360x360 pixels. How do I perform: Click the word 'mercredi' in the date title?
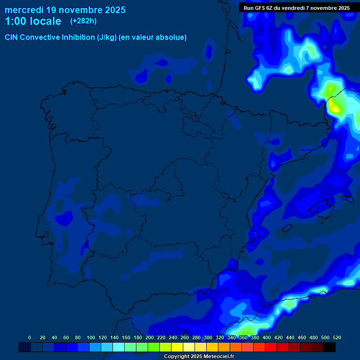pos(23,10)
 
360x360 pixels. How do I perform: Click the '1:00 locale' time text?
pos(33,21)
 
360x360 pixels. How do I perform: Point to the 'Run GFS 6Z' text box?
pos(296,8)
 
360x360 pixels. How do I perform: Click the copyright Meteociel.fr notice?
pos(199,356)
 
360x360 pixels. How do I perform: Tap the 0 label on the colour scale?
pos(30,337)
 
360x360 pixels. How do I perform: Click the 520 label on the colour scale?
pos(337,337)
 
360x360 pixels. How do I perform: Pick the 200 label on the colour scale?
pos(150,337)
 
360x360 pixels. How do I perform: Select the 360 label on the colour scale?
pos(243,337)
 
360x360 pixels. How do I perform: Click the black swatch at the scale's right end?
pos(330,347)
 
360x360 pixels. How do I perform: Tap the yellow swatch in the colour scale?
pos(177,347)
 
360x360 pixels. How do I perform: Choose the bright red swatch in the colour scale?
pos(271,347)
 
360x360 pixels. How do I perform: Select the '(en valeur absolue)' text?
pos(153,37)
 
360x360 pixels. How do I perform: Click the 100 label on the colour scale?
pos(91,337)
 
